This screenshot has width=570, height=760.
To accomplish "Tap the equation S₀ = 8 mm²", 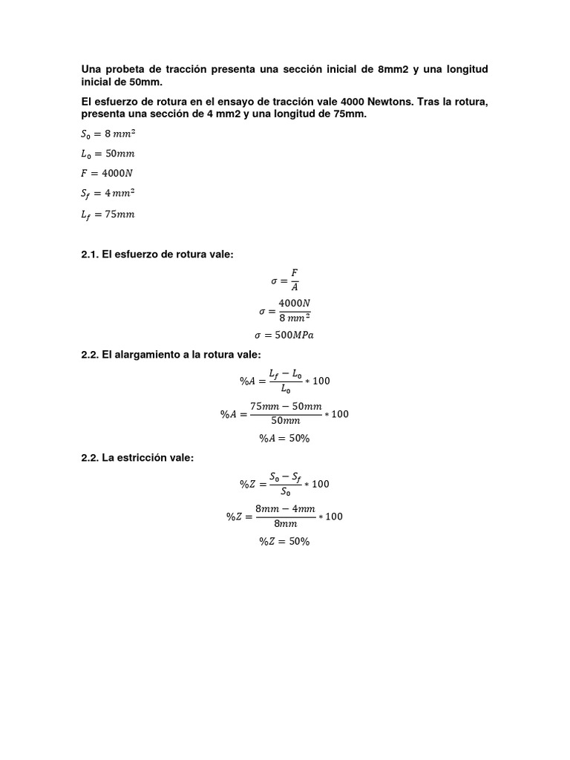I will (x=108, y=134).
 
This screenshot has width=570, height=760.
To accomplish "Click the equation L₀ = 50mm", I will (x=108, y=154).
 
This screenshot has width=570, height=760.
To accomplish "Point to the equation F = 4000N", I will (x=108, y=174).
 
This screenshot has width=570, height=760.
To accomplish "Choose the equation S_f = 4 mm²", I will (x=108, y=194).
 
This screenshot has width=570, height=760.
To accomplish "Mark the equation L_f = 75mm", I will (x=108, y=214).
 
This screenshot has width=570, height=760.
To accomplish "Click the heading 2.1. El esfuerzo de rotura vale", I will (x=157, y=255).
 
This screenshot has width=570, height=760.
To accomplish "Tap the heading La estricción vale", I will (x=137, y=458).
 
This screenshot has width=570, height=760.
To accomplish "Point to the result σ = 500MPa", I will (x=284, y=335).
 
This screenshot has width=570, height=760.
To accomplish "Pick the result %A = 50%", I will (x=284, y=438).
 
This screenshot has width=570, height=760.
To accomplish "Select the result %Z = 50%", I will (x=284, y=542).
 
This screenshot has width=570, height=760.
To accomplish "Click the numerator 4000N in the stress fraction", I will (x=294, y=303).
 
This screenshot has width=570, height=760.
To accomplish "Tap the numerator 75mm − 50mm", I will (x=286, y=406).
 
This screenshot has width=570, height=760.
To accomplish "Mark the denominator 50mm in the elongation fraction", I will (x=286, y=421).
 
